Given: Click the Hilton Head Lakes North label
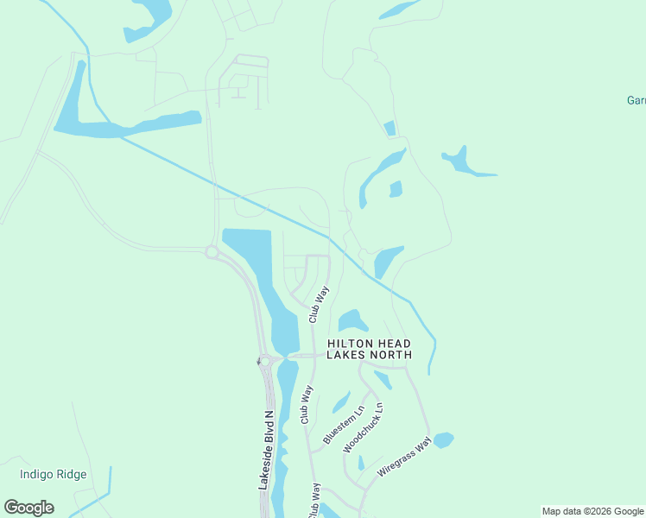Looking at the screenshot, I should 369,349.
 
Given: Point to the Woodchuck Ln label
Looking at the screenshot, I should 364,427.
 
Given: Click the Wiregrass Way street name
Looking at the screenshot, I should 404,458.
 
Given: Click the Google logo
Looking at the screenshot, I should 28,508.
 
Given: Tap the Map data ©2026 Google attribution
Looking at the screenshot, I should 592,511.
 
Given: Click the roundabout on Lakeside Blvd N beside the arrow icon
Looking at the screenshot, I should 267,361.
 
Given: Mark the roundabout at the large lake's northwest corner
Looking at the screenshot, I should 212,251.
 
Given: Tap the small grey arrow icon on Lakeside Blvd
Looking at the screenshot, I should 257,361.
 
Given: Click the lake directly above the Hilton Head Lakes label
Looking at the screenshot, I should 351,321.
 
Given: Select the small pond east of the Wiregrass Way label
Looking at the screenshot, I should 443,439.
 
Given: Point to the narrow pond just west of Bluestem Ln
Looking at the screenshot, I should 341,402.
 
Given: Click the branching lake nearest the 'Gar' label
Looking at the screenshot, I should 466,163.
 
